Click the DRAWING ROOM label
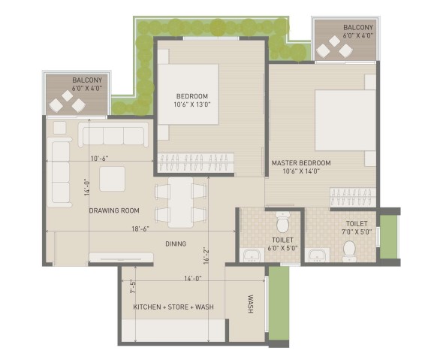click(x=114, y=210)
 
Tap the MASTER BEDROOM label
click(x=301, y=163)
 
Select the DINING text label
click(x=176, y=244)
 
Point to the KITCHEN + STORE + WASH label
click(x=173, y=307)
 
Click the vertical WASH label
click(x=250, y=304)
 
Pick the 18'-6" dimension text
click(x=140, y=228)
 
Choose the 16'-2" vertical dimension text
click(x=206, y=256)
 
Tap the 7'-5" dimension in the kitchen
click(x=133, y=286)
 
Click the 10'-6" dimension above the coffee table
click(x=100, y=159)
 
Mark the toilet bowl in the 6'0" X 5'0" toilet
click(x=282, y=222)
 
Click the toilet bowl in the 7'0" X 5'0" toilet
click(x=349, y=251)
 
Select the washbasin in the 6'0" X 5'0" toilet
click(x=252, y=255)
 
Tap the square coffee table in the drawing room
click(x=112, y=179)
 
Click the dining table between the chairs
click(x=181, y=202)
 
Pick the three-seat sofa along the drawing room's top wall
click(x=113, y=135)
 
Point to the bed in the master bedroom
click(x=345, y=120)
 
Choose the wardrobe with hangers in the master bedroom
click(x=353, y=197)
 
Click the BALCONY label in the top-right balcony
click(x=358, y=27)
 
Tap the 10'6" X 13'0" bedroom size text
click(x=192, y=104)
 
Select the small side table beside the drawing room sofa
click(x=60, y=128)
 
